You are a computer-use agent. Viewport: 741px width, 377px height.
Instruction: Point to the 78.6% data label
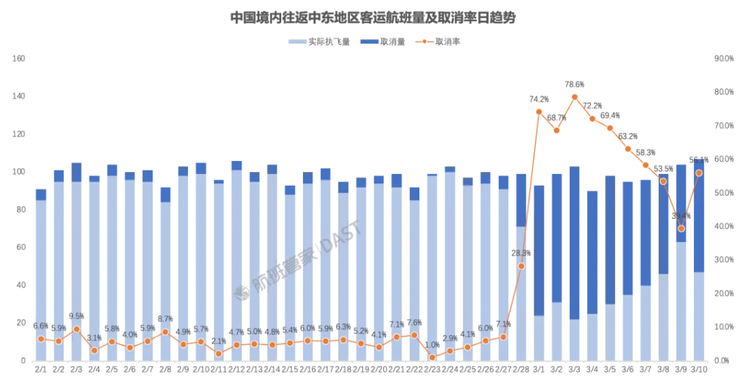pyautogui.click(x=575, y=84)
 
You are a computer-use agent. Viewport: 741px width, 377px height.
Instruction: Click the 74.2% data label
pyautogui.click(x=539, y=100)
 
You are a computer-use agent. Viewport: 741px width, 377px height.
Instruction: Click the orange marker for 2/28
pyautogui.click(x=521, y=266)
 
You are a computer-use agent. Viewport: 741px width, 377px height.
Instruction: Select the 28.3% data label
pyautogui.click(x=521, y=253)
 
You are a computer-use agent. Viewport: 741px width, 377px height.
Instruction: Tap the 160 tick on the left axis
pyautogui.click(x=20, y=58)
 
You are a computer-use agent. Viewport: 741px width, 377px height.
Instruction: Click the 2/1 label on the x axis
pyautogui.click(x=41, y=369)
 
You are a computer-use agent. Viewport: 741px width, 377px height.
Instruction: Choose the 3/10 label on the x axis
pyautogui.click(x=698, y=369)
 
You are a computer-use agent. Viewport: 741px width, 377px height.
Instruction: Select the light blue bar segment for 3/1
pyautogui.click(x=539, y=338)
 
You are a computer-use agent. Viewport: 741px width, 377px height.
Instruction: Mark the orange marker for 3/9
pyautogui.click(x=681, y=228)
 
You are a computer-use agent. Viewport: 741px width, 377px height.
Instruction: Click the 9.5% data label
pyautogui.click(x=76, y=316)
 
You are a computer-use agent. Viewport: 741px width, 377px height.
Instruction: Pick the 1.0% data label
pyautogui.click(x=432, y=344)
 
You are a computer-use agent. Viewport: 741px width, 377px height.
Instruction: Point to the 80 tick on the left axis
pyautogui.click(x=22, y=209)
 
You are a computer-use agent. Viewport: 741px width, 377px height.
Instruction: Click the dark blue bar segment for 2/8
pyautogui.click(x=166, y=194)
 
